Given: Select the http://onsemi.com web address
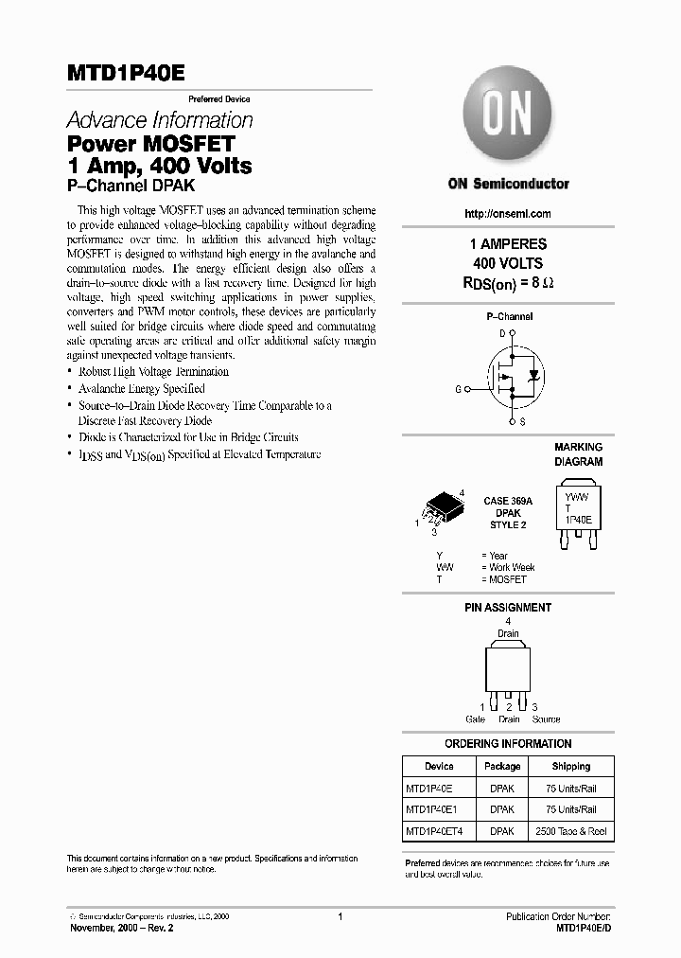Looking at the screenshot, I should [508, 214].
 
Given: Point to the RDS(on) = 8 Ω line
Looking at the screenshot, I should [509, 281].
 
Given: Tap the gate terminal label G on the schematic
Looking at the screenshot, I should [458, 389].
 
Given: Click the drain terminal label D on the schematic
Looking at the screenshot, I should [502, 333].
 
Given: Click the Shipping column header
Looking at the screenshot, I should [570, 766].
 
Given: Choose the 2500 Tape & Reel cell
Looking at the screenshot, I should [570, 831].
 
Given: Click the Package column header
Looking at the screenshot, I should [502, 766].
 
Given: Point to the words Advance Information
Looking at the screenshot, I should [160, 121].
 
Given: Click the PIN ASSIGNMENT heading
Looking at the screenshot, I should [508, 608].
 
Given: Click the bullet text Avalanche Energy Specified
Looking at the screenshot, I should [141, 388].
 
